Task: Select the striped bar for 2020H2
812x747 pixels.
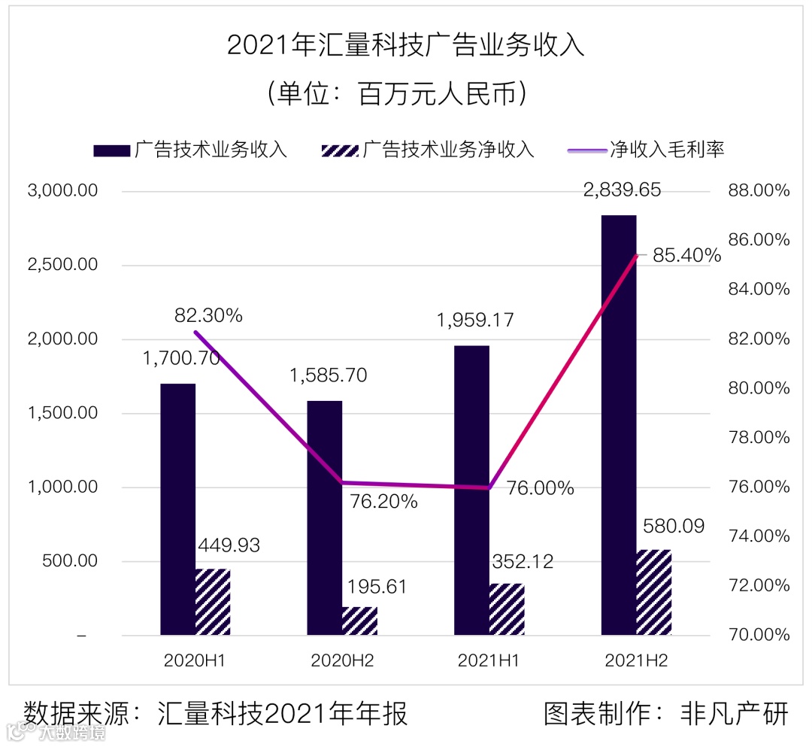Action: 359,621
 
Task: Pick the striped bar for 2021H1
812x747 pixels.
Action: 507,609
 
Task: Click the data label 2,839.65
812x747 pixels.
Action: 623,190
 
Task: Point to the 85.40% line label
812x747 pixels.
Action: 686,256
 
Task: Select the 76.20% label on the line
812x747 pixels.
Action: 384,501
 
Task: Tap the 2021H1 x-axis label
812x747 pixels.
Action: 489,661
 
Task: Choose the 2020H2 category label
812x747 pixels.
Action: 342,661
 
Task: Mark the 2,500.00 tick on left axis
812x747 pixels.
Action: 63,265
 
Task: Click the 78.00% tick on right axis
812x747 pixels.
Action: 759,438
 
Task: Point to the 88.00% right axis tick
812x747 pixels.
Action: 759,191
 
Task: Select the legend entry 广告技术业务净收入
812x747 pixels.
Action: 448,149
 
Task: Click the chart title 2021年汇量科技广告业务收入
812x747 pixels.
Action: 406,45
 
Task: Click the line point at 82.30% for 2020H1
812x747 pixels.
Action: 195,332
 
